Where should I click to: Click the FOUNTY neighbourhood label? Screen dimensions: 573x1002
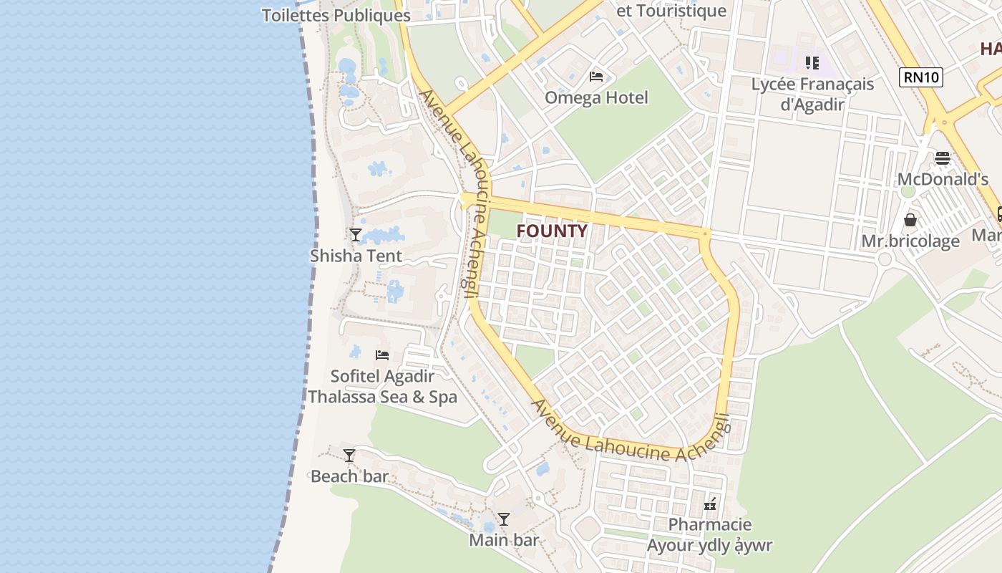[x=552, y=231]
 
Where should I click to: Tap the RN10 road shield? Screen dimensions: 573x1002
[x=921, y=77]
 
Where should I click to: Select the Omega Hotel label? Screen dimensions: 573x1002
[x=596, y=98]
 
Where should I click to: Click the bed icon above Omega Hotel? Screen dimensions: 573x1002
[x=596, y=77]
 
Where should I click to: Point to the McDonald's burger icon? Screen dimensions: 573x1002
[x=943, y=158]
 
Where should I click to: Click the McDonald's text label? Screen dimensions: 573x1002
[x=943, y=179]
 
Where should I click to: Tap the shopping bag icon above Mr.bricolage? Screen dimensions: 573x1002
[x=910, y=220]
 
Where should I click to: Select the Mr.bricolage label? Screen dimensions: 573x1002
[x=910, y=241]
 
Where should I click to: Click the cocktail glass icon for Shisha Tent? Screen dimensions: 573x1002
[x=355, y=234]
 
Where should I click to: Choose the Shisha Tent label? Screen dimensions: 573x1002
[x=356, y=256]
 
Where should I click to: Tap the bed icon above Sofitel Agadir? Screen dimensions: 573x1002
[x=382, y=355]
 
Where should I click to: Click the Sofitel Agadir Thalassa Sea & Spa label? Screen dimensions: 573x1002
[x=382, y=386]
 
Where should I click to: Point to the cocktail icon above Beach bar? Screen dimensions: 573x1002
[x=349, y=456]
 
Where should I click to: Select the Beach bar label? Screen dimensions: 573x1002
[x=349, y=476]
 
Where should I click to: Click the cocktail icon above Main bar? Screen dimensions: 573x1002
[x=504, y=519]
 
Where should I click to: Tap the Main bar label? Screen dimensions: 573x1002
[x=504, y=540]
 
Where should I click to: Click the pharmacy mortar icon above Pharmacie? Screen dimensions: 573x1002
[x=710, y=504]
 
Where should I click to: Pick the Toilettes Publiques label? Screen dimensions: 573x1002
[x=336, y=15]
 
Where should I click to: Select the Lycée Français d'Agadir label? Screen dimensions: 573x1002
[x=812, y=94]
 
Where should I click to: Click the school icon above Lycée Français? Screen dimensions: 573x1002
[x=812, y=63]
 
